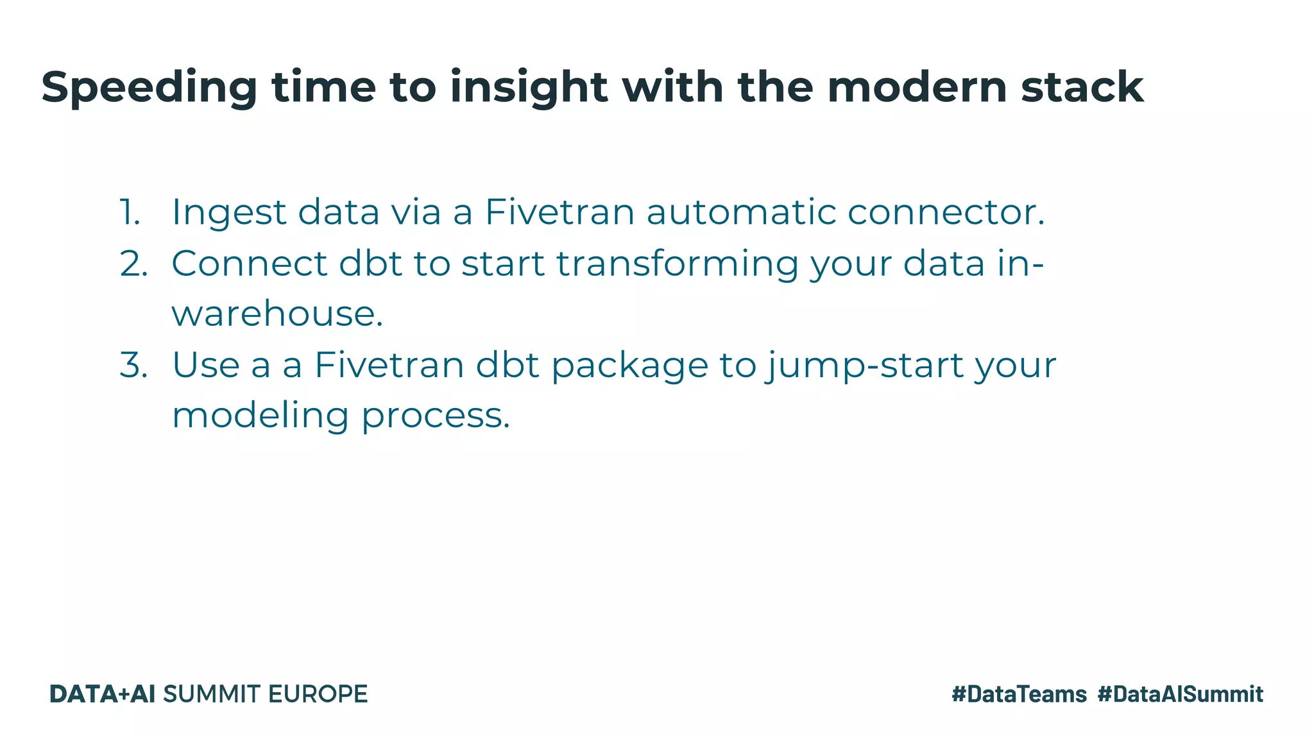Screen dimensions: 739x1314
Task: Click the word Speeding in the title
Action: point(149,87)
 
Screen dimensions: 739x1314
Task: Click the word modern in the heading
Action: point(917,87)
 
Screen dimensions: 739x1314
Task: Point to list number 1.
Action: point(130,212)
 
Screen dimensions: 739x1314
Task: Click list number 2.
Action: point(133,263)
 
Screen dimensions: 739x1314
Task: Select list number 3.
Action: point(133,364)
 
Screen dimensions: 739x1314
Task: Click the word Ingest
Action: point(229,213)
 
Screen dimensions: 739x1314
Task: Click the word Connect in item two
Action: point(250,263)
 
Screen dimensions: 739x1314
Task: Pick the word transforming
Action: point(677,264)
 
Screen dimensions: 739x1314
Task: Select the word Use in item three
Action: point(205,364)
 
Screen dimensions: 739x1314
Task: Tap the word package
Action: point(629,366)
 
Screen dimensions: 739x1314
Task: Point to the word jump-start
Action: point(865,366)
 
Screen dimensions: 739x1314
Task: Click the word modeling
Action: point(260,416)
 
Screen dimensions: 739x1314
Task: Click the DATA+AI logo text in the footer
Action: point(103,694)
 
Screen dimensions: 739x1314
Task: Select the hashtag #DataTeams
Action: point(1019,694)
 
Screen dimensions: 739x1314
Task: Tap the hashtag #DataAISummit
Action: point(1180,694)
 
